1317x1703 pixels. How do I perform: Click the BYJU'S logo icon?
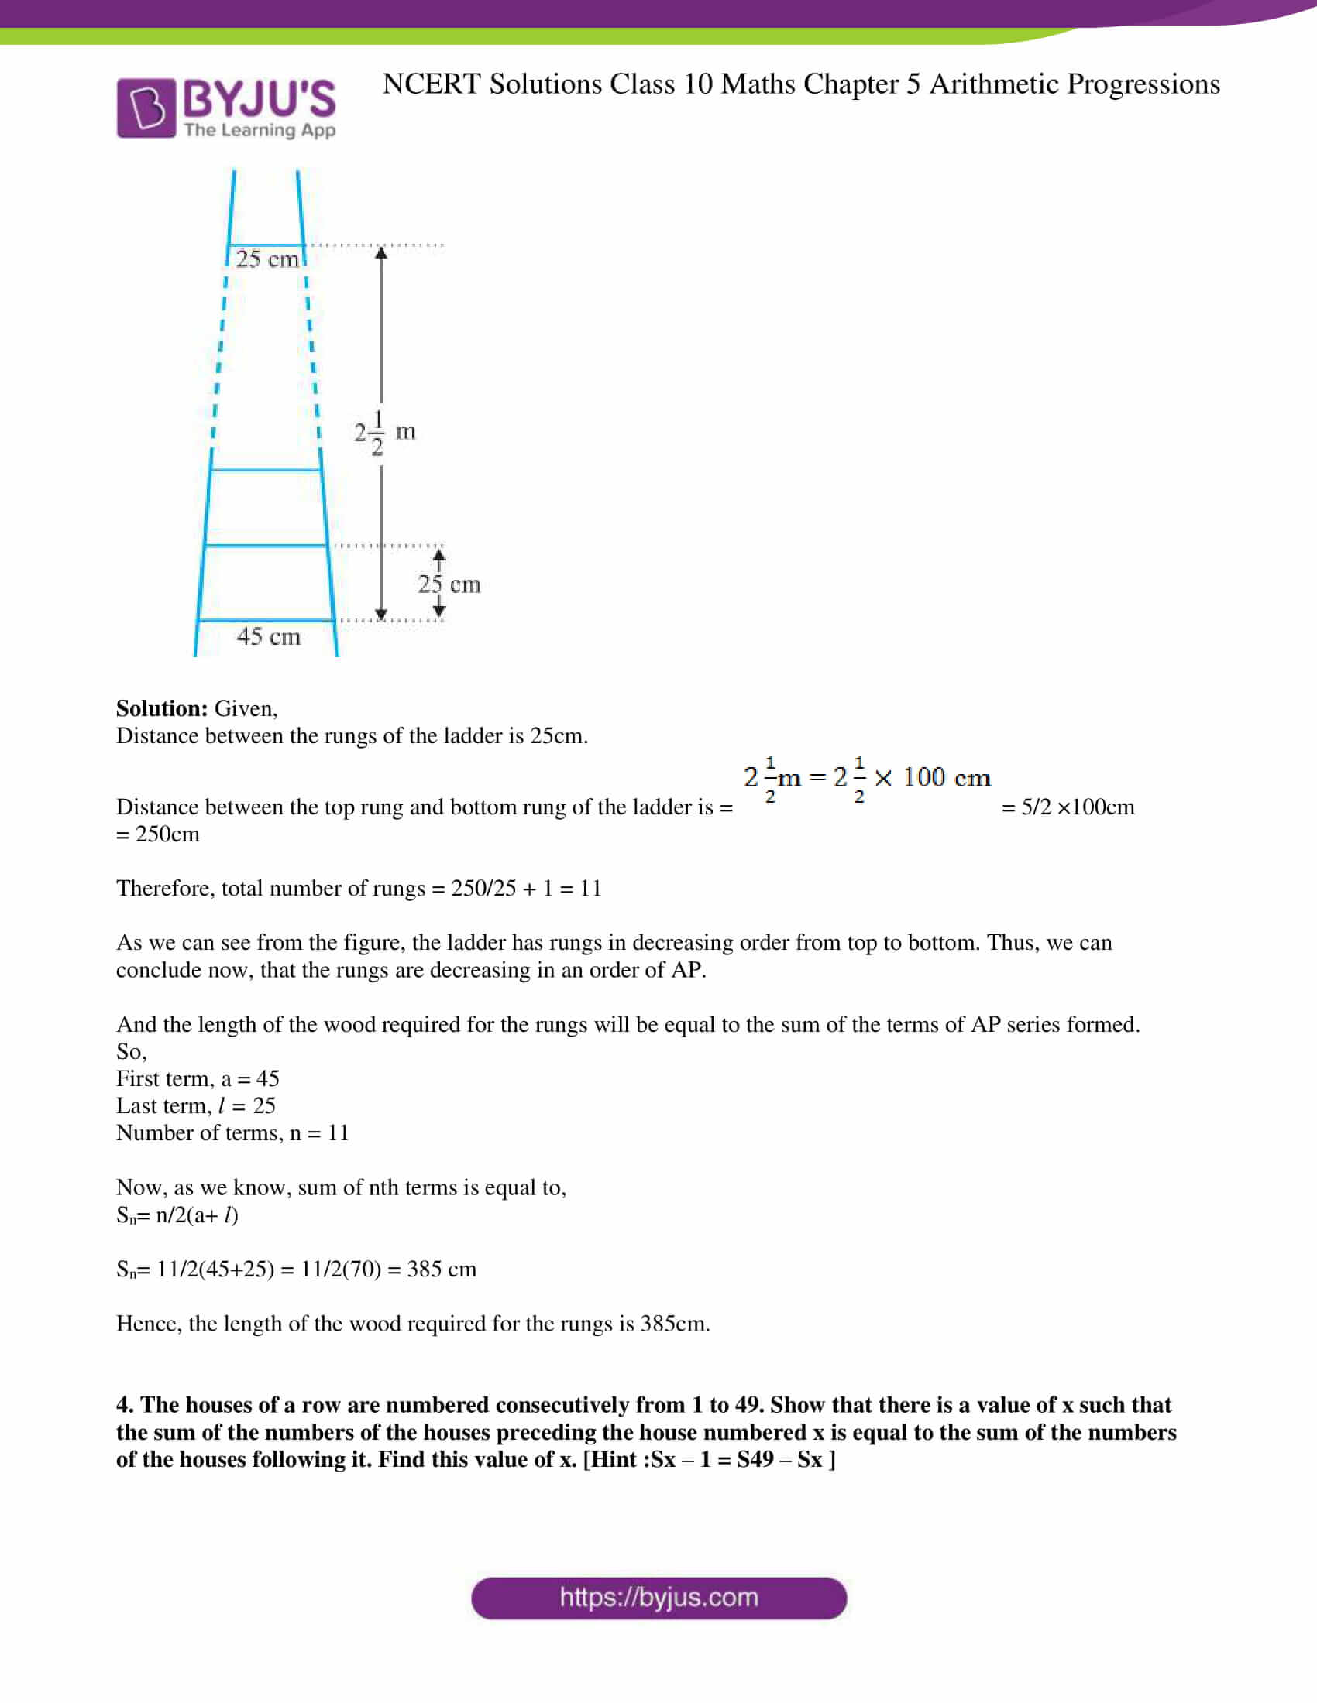point(146,108)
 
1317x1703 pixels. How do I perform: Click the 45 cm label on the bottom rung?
point(268,636)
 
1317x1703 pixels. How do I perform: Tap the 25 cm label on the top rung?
point(266,259)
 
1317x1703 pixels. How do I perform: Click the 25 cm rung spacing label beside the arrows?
point(449,584)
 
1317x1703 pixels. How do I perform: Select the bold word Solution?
point(161,708)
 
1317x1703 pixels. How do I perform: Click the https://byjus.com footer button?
point(658,1598)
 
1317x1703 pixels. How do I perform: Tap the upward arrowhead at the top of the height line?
point(380,252)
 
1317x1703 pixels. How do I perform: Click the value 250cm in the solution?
point(167,834)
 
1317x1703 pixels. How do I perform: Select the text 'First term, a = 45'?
point(198,1078)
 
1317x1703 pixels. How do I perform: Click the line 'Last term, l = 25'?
point(195,1105)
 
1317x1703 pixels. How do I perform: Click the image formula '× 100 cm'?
point(932,777)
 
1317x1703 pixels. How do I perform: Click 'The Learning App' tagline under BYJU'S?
point(260,130)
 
